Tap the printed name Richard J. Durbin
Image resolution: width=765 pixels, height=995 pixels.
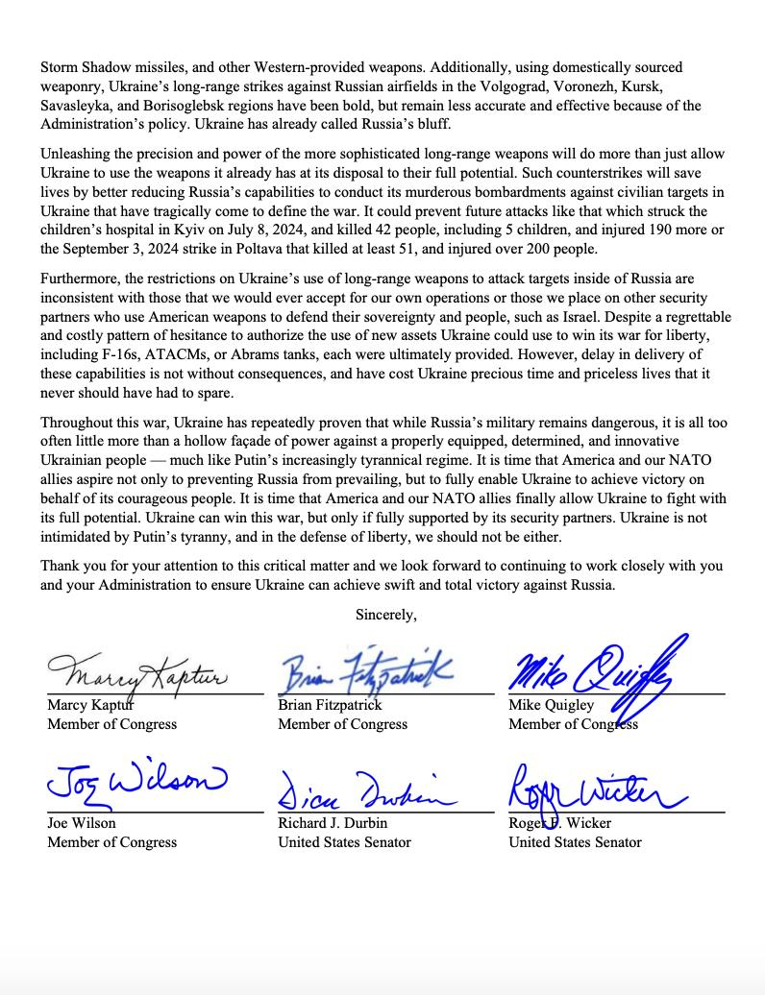point(333,823)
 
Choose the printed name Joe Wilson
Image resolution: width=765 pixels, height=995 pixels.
point(84,823)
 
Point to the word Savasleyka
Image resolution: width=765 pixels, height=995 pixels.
point(82,106)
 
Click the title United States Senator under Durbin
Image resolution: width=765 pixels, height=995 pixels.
point(344,842)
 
